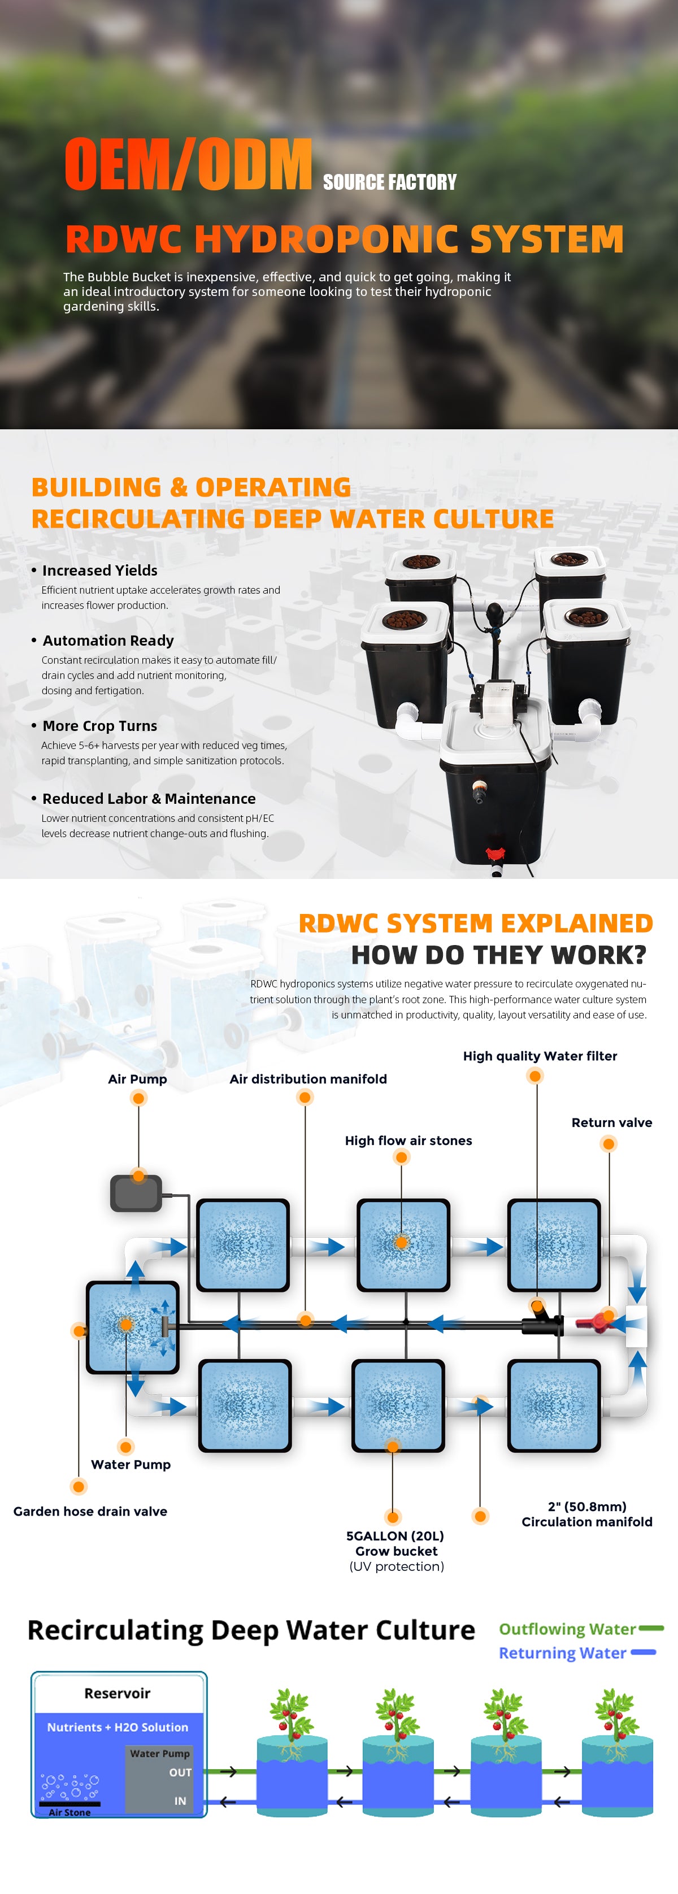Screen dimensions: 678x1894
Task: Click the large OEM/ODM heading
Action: pyautogui.click(x=188, y=164)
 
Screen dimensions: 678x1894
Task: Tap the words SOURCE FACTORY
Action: pyautogui.click(x=390, y=182)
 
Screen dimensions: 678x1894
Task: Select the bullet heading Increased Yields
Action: pyautogui.click(x=100, y=571)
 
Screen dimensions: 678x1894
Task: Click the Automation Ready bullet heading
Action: pyautogui.click(x=108, y=641)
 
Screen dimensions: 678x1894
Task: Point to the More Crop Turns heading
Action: pyautogui.click(x=100, y=726)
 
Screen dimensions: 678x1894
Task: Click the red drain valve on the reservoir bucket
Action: pyautogui.click(x=496, y=854)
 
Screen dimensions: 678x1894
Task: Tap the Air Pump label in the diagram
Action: pyautogui.click(x=137, y=1078)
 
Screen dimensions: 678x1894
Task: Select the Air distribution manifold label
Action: pyautogui.click(x=308, y=1078)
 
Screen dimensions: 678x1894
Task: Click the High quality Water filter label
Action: pyautogui.click(x=540, y=1056)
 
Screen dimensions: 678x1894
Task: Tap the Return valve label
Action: pyautogui.click(x=612, y=1122)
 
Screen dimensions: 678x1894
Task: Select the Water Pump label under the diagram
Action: pyautogui.click(x=131, y=1464)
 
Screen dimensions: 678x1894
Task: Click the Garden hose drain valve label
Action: pyautogui.click(x=90, y=1511)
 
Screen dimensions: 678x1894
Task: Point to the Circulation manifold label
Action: pyautogui.click(x=587, y=1521)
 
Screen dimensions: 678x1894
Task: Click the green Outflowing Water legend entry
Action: pyautogui.click(x=581, y=1629)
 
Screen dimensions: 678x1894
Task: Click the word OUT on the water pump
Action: pyautogui.click(x=180, y=1773)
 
